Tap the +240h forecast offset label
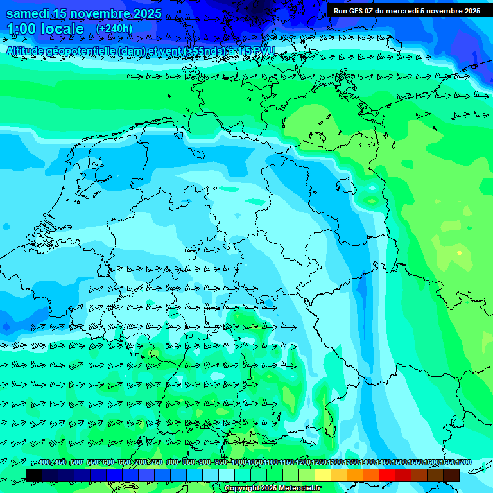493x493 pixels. (x=114, y=28)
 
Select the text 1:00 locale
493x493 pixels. (x=46, y=29)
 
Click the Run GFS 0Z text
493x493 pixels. (x=353, y=11)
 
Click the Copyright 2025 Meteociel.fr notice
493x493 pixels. (x=273, y=489)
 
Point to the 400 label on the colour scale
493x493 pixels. (x=44, y=463)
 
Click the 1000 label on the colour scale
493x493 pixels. (x=239, y=463)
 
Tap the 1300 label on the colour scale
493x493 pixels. (x=335, y=463)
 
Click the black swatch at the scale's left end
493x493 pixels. (x=34, y=475)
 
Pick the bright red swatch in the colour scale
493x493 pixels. (x=387, y=475)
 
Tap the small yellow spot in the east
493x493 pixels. (x=459, y=253)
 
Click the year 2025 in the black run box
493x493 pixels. (x=469, y=11)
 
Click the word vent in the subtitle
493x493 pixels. (x=170, y=51)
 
